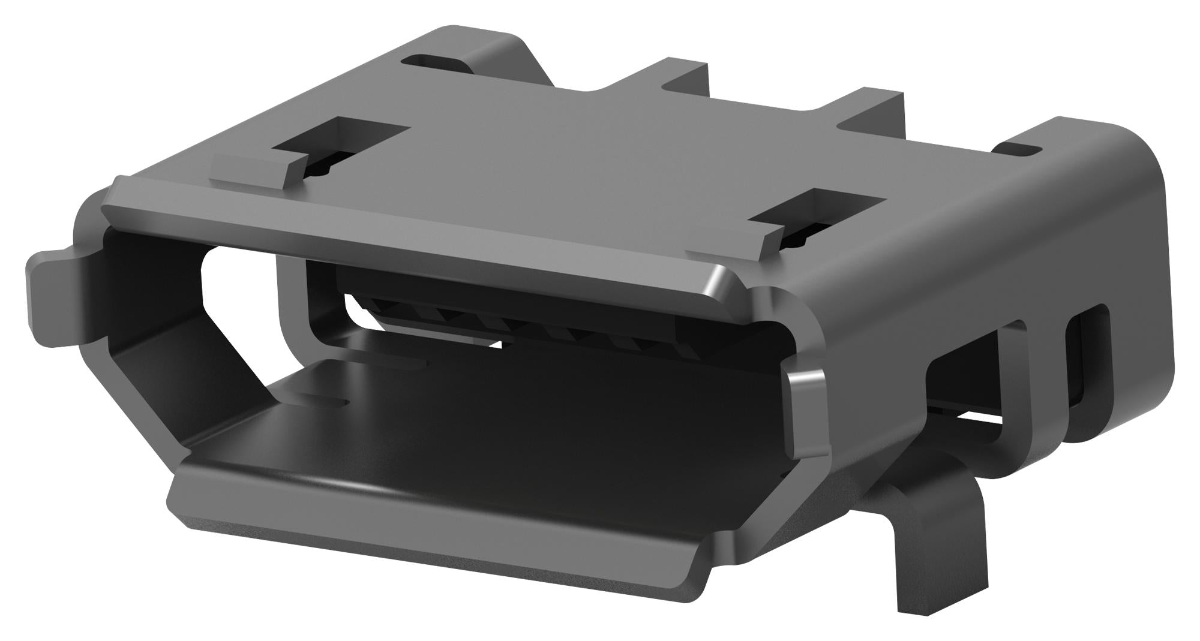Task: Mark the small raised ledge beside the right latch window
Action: (726, 252)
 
